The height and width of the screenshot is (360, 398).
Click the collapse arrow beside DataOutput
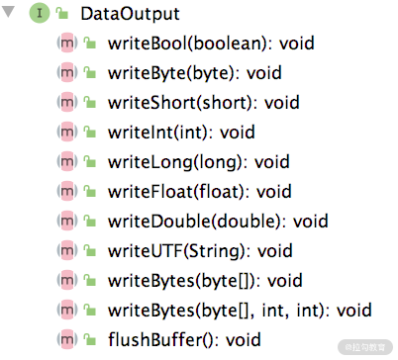pos(8,12)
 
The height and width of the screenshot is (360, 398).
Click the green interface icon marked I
pos(40,13)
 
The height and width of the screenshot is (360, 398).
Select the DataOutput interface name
pos(130,14)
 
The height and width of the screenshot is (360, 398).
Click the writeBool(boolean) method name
pos(187,44)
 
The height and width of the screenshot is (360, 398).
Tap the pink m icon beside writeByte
pos(67,72)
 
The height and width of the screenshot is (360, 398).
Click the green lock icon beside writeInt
pos(89,132)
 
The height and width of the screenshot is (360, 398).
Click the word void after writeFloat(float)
pos(274,192)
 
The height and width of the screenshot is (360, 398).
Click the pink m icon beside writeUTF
pos(67,250)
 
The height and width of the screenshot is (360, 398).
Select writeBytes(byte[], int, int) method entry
pos(240,311)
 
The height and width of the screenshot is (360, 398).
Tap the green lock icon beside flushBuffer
pos(89,339)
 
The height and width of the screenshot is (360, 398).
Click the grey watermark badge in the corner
pos(365,347)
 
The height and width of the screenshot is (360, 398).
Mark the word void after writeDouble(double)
pos(311,222)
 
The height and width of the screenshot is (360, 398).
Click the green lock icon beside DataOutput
pos(62,14)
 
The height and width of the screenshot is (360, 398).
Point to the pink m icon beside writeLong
pos(67,161)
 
